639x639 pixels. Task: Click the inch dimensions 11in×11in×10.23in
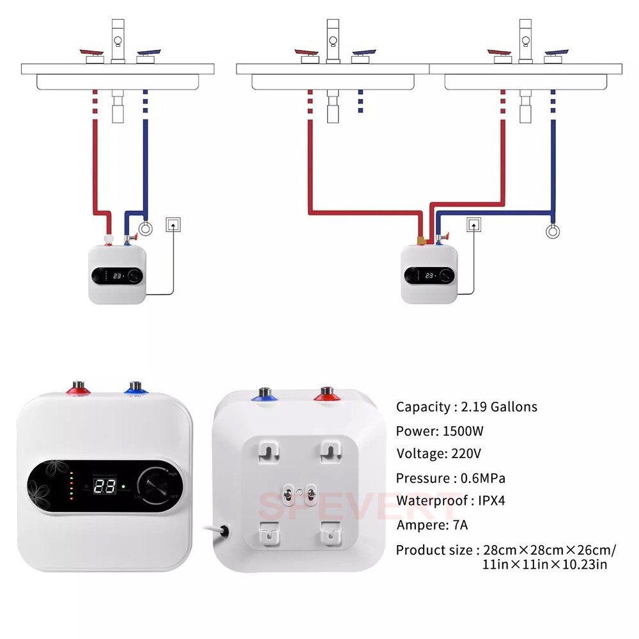coord(544,564)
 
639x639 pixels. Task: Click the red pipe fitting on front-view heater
coord(77,389)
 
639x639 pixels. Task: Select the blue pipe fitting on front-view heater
coord(134,389)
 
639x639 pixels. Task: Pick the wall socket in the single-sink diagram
coord(173,224)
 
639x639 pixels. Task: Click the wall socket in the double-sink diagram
coord(473,224)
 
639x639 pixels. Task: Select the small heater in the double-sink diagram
coord(429,273)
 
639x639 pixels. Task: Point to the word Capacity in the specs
coord(422,406)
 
